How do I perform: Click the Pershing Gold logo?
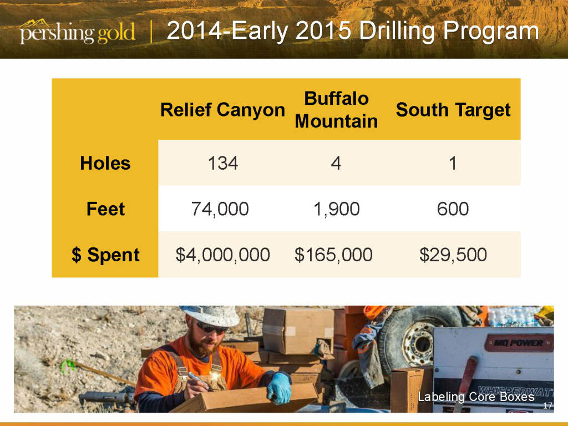click(x=78, y=32)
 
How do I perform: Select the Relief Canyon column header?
click(x=222, y=110)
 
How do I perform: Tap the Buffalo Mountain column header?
click(x=336, y=110)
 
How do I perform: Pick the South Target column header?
click(x=453, y=110)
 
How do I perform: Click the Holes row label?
click(x=105, y=163)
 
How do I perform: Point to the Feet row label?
click(x=105, y=209)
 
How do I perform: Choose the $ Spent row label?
click(x=105, y=255)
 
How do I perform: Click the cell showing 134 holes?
click(x=223, y=163)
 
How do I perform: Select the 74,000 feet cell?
click(x=220, y=209)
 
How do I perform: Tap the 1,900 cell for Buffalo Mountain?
click(x=337, y=209)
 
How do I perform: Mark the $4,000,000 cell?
click(x=223, y=255)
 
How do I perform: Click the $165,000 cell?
click(x=333, y=255)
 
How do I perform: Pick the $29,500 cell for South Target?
click(x=453, y=255)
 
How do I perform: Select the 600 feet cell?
click(x=453, y=209)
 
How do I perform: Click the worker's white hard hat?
click(x=210, y=315)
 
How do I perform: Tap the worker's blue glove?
click(x=280, y=387)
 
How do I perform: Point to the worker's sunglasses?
click(x=211, y=328)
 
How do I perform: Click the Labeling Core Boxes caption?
click(x=476, y=397)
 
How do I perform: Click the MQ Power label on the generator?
click(x=519, y=343)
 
